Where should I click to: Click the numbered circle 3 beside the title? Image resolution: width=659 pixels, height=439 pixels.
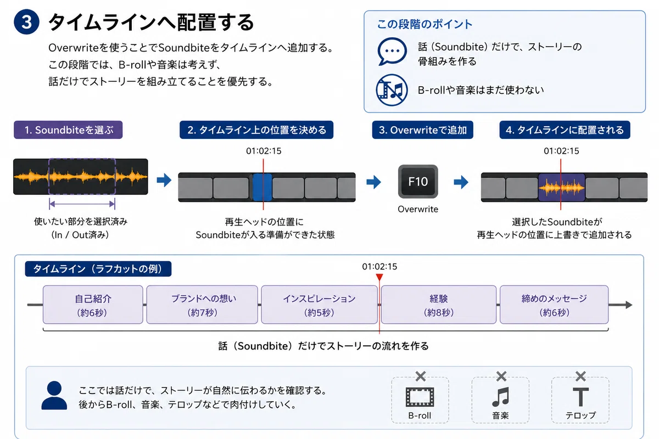pos(26,22)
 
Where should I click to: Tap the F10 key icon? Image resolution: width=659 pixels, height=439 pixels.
pos(418,182)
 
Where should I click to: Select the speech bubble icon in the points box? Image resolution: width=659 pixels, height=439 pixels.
pos(392,52)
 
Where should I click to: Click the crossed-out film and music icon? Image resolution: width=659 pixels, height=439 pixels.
pos(392,90)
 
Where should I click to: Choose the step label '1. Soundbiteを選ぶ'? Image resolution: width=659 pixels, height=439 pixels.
pos(68,130)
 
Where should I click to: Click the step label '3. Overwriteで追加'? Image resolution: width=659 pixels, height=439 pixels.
pos(423,130)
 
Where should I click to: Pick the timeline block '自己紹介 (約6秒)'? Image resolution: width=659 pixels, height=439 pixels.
pos(93,305)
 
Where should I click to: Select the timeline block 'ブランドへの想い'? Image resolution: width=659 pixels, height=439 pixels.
pos(202,305)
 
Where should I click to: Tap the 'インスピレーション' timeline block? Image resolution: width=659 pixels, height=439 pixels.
pos(319,305)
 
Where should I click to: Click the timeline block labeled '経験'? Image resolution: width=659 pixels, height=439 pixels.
pos(439,305)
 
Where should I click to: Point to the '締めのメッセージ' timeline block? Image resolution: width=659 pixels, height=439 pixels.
pos(554,305)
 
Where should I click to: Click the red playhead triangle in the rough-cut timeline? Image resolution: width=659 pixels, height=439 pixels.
pos(379,277)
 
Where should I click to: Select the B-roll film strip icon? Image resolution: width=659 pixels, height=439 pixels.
pos(420,397)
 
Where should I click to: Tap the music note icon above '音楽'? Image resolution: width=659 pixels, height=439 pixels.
pos(500,397)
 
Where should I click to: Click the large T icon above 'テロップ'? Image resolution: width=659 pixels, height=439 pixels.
pos(581,397)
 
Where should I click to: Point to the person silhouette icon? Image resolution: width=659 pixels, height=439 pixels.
pos(54,395)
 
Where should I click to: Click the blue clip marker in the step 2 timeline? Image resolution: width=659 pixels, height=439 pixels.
pos(263,187)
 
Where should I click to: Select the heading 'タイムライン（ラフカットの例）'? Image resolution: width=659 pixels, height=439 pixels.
pos(98,269)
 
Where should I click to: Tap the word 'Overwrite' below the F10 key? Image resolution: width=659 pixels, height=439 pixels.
pos(418,209)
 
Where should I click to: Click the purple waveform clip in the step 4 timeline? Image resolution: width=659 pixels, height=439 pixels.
pos(562,187)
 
